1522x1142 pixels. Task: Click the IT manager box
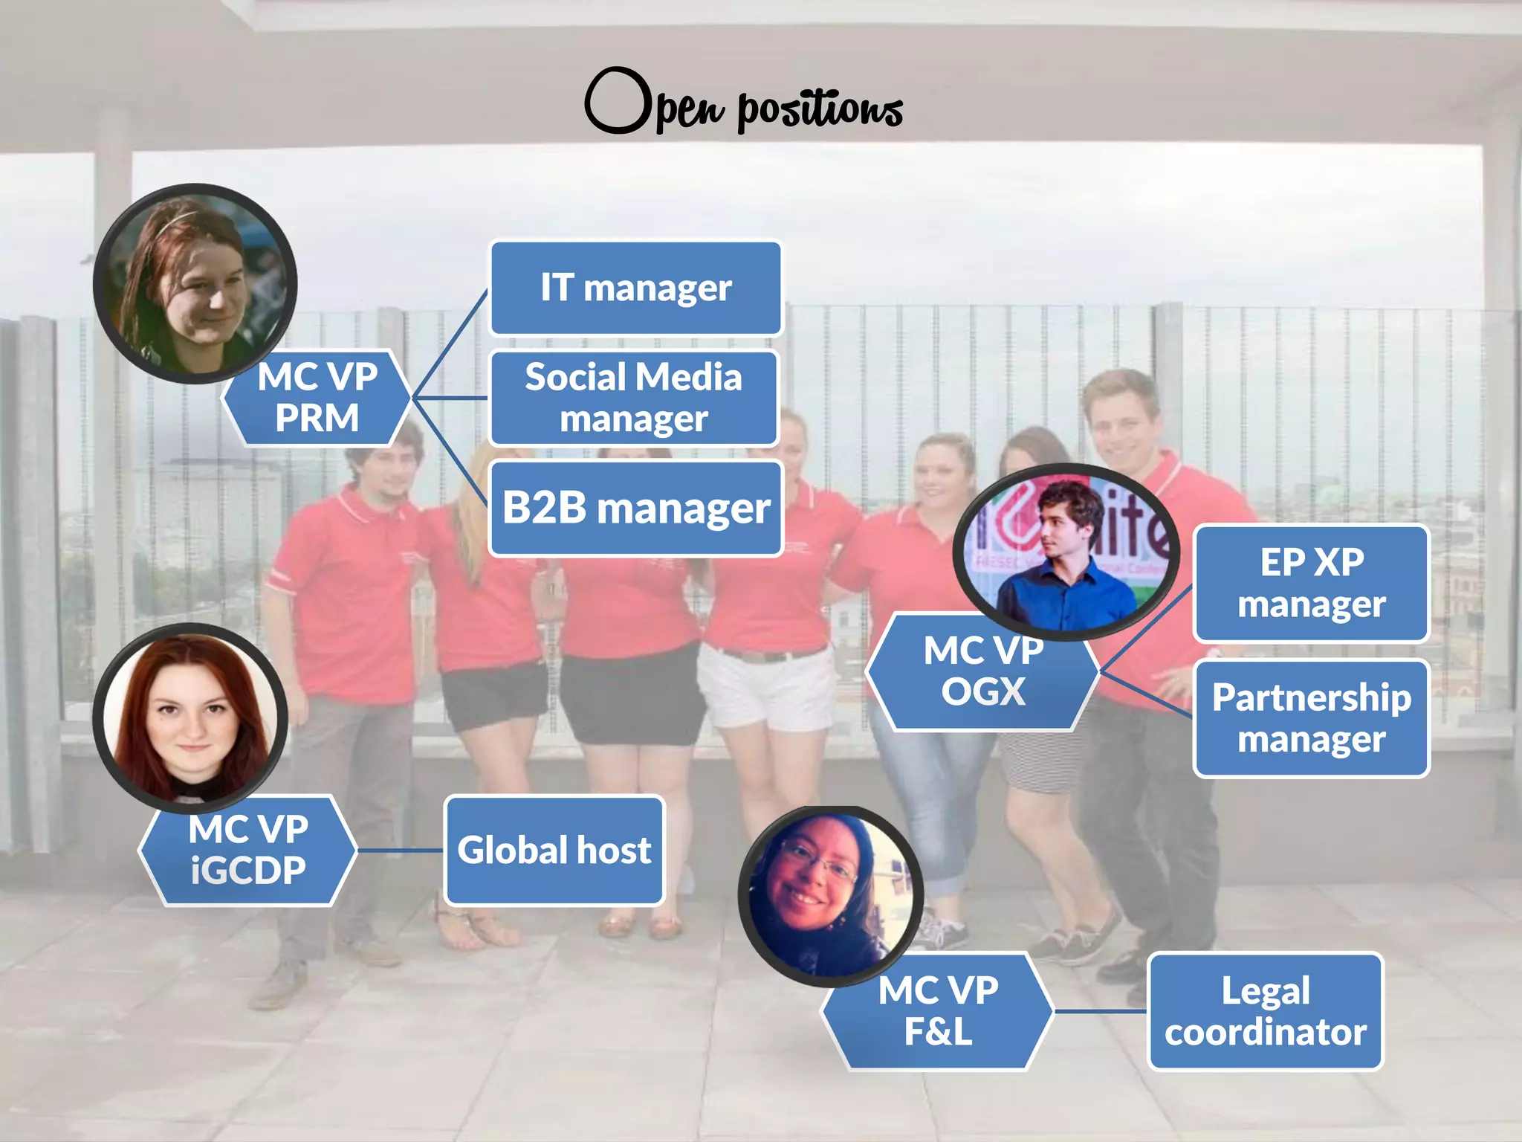coord(635,288)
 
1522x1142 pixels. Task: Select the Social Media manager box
coord(634,398)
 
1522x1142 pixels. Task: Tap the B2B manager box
coord(636,509)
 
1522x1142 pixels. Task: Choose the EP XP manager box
coord(1311,583)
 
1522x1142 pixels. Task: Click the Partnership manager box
coord(1311,718)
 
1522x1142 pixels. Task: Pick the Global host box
coord(554,850)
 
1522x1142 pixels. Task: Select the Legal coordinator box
coord(1265,1011)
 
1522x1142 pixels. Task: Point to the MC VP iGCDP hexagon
coord(247,851)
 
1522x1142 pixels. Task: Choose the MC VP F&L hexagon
coord(938,1011)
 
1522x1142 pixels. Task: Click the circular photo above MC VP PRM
coord(195,283)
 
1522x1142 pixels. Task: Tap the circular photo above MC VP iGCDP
coord(190,717)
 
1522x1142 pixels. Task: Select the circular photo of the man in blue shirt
coord(1066,552)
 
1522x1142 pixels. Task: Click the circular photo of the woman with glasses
coord(831,895)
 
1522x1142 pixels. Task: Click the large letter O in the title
coord(617,101)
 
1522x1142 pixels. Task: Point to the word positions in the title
coord(820,110)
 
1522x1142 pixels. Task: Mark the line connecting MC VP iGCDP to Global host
coord(401,850)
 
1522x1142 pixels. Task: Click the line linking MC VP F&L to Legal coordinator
coord(1101,1011)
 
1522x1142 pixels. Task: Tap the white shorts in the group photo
coord(765,688)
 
